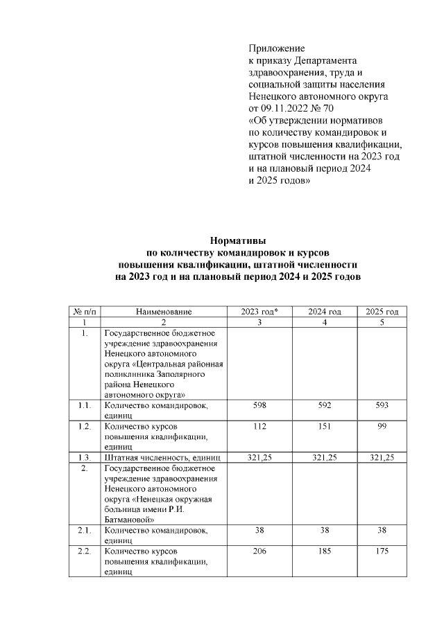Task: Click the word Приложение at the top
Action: click(x=277, y=48)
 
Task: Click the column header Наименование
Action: click(x=164, y=312)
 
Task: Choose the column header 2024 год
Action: click(x=325, y=312)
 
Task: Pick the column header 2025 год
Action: click(x=382, y=312)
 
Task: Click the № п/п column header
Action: click(x=84, y=312)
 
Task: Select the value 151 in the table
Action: click(x=325, y=427)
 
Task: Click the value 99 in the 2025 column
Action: click(x=382, y=427)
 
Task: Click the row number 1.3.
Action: click(x=85, y=458)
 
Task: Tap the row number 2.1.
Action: click(x=85, y=530)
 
